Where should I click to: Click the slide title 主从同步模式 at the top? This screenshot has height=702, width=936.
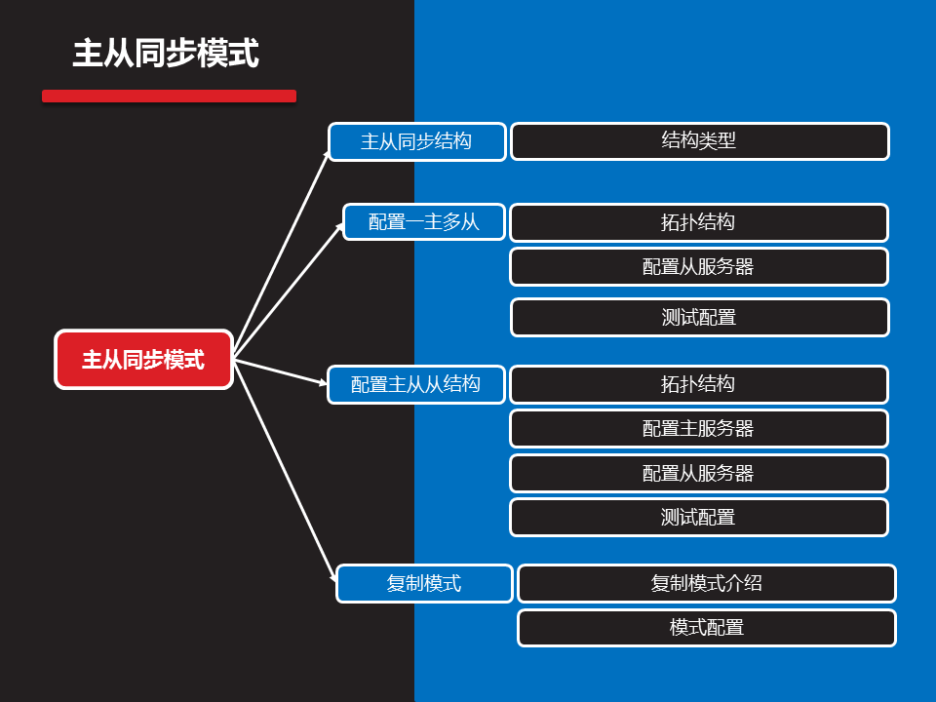click(166, 54)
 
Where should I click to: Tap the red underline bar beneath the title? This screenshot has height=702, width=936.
click(169, 96)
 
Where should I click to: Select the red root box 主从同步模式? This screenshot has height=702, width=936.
click(143, 360)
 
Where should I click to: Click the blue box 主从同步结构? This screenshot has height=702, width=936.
click(416, 141)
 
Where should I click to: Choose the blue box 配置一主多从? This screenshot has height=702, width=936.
click(424, 222)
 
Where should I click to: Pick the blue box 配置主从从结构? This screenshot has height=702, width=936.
click(416, 384)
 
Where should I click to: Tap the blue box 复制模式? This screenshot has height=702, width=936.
click(424, 583)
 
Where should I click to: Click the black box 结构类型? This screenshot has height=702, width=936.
click(699, 141)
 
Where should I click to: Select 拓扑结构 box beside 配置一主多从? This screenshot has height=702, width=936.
click(698, 222)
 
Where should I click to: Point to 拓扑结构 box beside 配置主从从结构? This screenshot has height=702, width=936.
click(698, 384)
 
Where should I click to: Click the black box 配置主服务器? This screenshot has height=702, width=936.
click(698, 428)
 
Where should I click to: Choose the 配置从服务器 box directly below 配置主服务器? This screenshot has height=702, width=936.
click(698, 473)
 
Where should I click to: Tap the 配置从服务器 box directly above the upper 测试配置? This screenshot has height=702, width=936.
click(698, 266)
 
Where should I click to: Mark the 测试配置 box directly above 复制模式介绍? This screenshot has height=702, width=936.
click(698, 517)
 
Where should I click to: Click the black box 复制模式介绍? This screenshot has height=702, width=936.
click(706, 583)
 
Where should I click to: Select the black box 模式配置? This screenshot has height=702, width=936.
click(706, 627)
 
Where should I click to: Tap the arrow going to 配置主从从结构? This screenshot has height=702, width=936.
click(281, 371)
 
